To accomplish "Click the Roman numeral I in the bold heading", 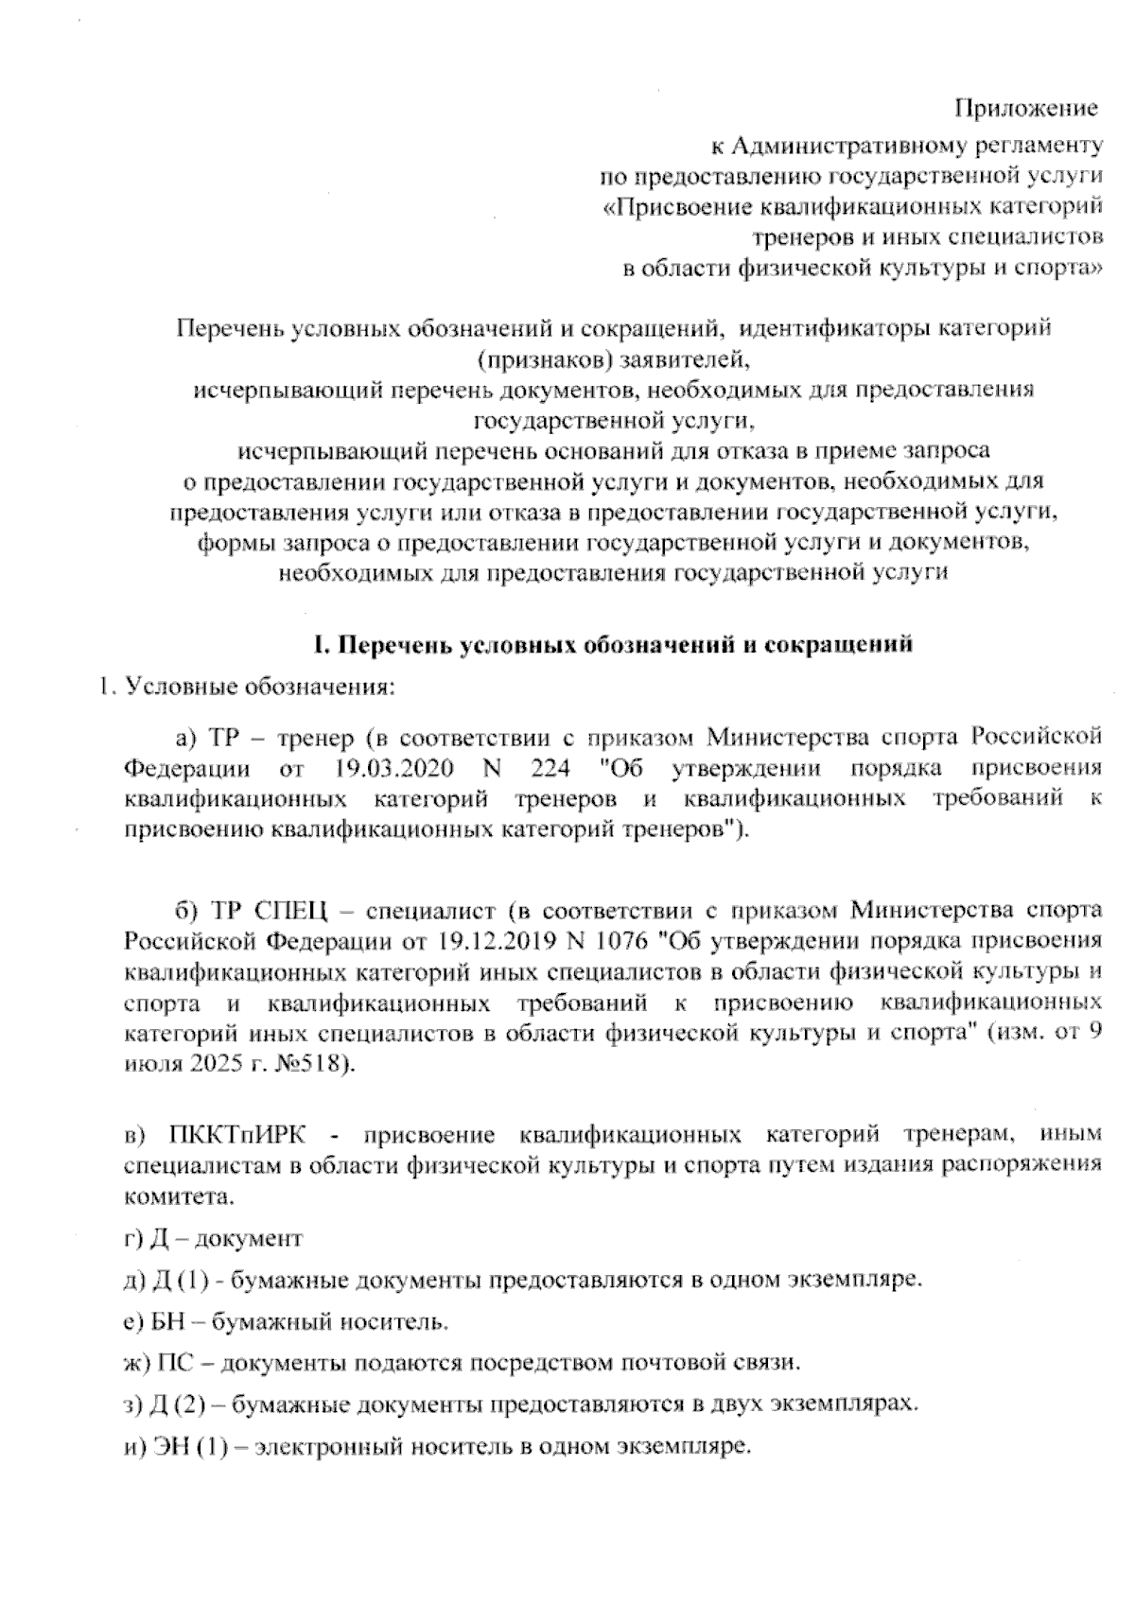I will pos(319,646).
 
